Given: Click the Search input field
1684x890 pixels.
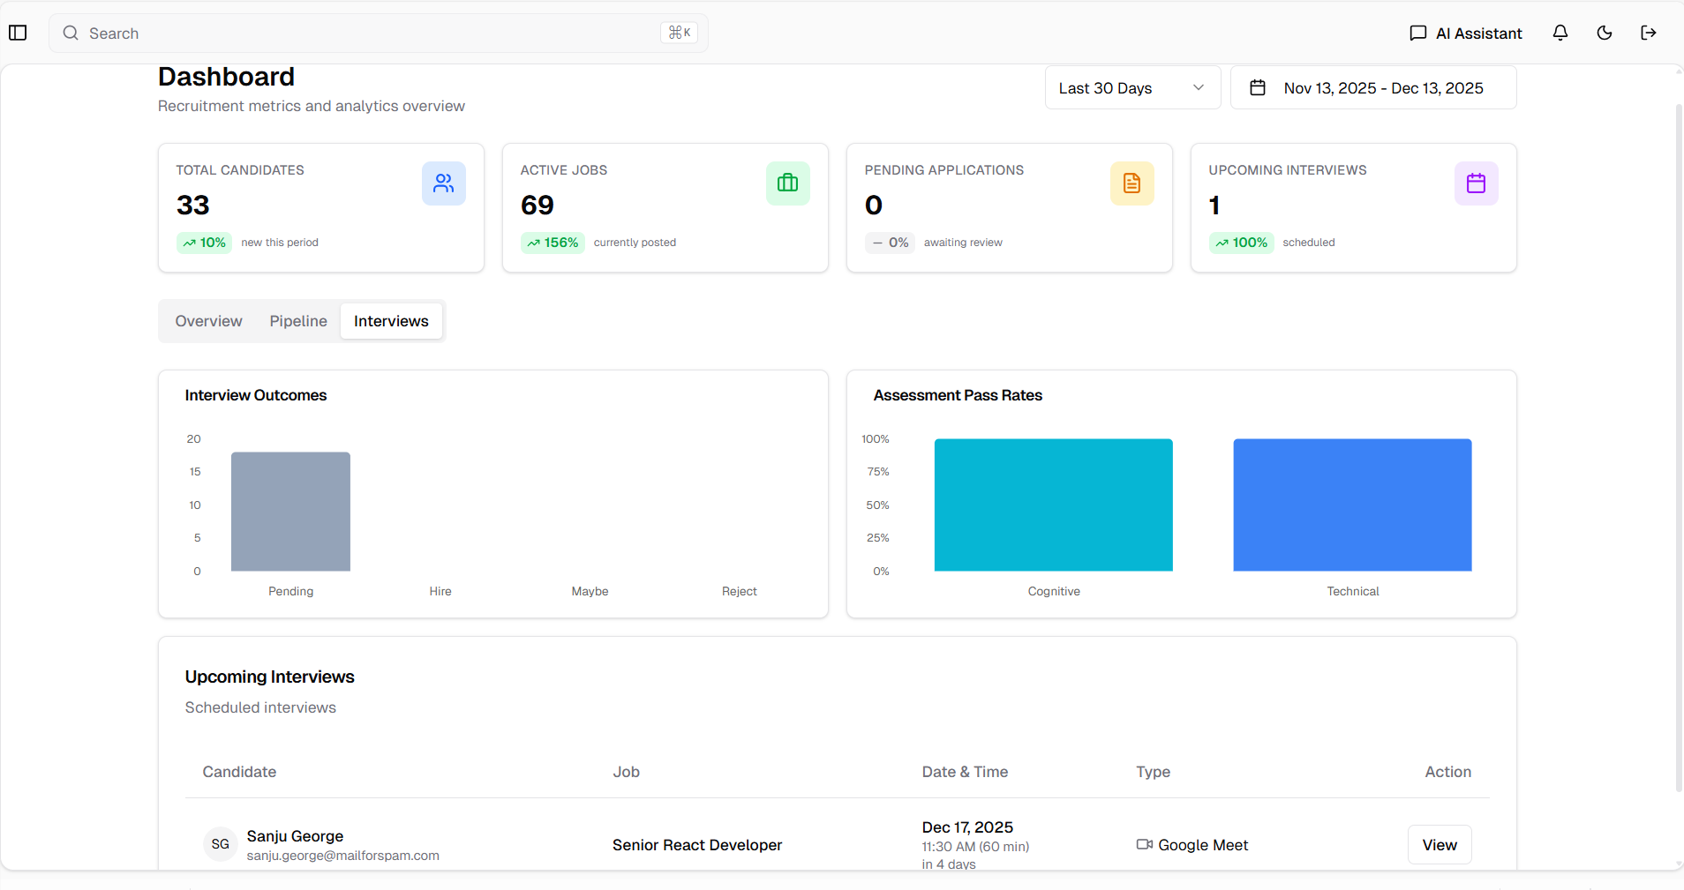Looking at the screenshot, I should click(x=371, y=34).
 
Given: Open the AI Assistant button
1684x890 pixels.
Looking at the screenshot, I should click(x=1466, y=34).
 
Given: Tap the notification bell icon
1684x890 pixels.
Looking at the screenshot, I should click(x=1560, y=34).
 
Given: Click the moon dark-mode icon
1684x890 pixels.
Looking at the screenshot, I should click(x=1605, y=34).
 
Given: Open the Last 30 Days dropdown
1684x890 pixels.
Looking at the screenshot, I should click(x=1132, y=88).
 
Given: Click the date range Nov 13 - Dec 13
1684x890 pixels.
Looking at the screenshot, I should click(x=1373, y=88).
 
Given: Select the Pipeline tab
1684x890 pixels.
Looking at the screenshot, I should click(x=298, y=321).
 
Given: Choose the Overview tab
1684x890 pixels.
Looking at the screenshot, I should click(x=208, y=321).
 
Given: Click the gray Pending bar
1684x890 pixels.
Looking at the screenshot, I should click(x=290, y=512).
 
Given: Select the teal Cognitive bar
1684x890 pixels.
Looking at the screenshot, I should click(x=1053, y=505).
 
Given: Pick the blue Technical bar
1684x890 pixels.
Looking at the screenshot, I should click(x=1352, y=505).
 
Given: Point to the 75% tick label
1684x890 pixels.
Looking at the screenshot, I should click(x=877, y=472).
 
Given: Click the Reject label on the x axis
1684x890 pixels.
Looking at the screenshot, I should click(x=739, y=591).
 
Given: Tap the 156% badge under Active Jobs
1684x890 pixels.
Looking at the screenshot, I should click(x=553, y=243).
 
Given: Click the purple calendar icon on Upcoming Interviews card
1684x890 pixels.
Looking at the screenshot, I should click(x=1476, y=183).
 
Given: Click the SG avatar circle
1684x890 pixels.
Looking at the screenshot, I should click(x=221, y=844).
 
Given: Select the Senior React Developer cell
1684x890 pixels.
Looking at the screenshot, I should click(x=697, y=845).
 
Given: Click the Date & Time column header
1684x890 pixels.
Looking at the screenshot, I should click(x=965, y=772).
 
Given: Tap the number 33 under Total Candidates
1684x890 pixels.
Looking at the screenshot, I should click(x=192, y=206).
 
